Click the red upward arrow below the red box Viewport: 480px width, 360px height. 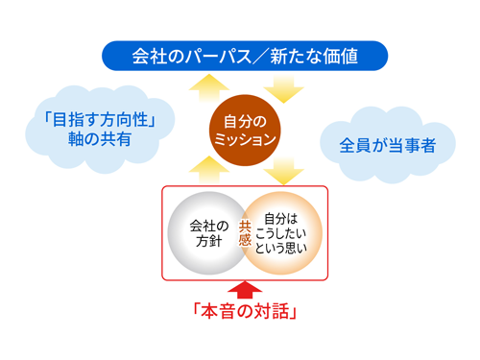(244, 288)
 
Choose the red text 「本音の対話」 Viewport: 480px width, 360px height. (245, 310)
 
